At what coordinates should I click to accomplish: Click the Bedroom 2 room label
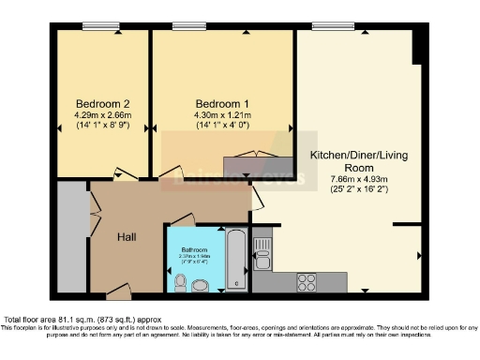point(103,103)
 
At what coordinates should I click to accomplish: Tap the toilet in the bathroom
point(180,281)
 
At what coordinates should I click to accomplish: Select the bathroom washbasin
point(199,285)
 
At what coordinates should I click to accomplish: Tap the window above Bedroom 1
point(190,26)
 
